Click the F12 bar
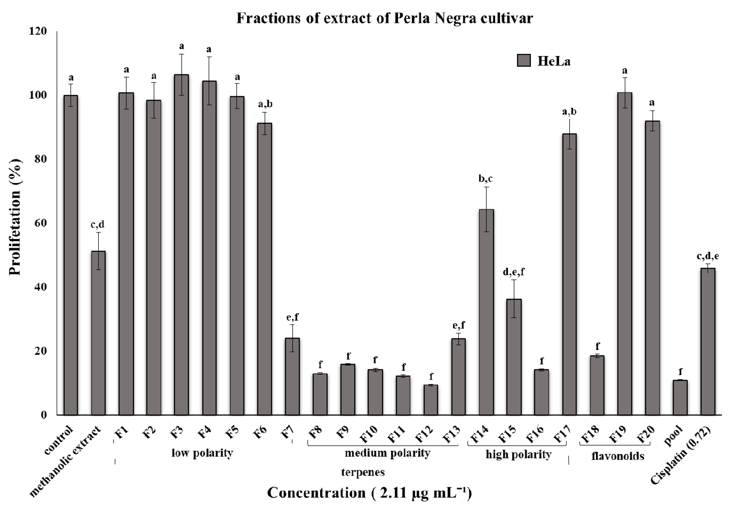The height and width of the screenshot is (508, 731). [431, 400]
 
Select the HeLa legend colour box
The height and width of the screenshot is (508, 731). [524, 60]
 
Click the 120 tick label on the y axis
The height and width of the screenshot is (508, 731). [38, 31]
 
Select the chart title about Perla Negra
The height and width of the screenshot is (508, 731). [384, 18]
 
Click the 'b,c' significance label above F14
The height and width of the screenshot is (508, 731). [486, 179]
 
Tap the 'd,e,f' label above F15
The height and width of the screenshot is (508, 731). [513, 272]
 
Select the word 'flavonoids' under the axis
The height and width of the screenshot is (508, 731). [618, 456]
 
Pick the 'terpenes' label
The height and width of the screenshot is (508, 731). [363, 472]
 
